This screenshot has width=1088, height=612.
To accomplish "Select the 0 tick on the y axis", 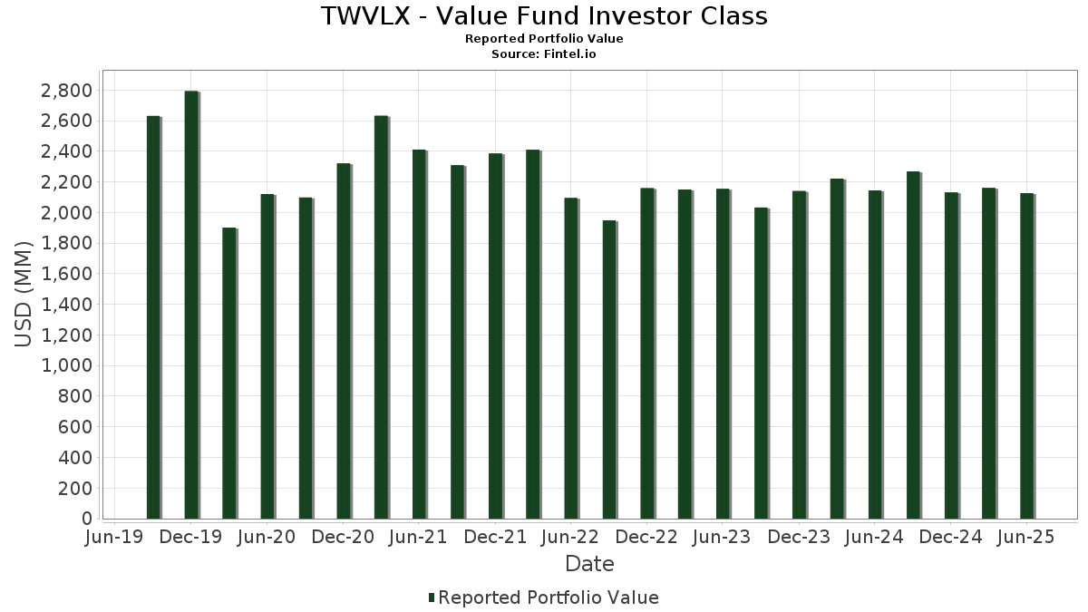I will (x=87, y=519).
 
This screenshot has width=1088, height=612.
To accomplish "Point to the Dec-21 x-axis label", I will (x=495, y=537).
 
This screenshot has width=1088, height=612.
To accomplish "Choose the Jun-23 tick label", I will (x=722, y=537).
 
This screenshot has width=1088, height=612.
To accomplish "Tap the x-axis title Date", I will (x=589, y=564).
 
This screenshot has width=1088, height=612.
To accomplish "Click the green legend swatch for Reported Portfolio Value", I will (x=432, y=597).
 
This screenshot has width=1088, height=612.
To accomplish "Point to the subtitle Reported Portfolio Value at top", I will (x=544, y=39).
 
